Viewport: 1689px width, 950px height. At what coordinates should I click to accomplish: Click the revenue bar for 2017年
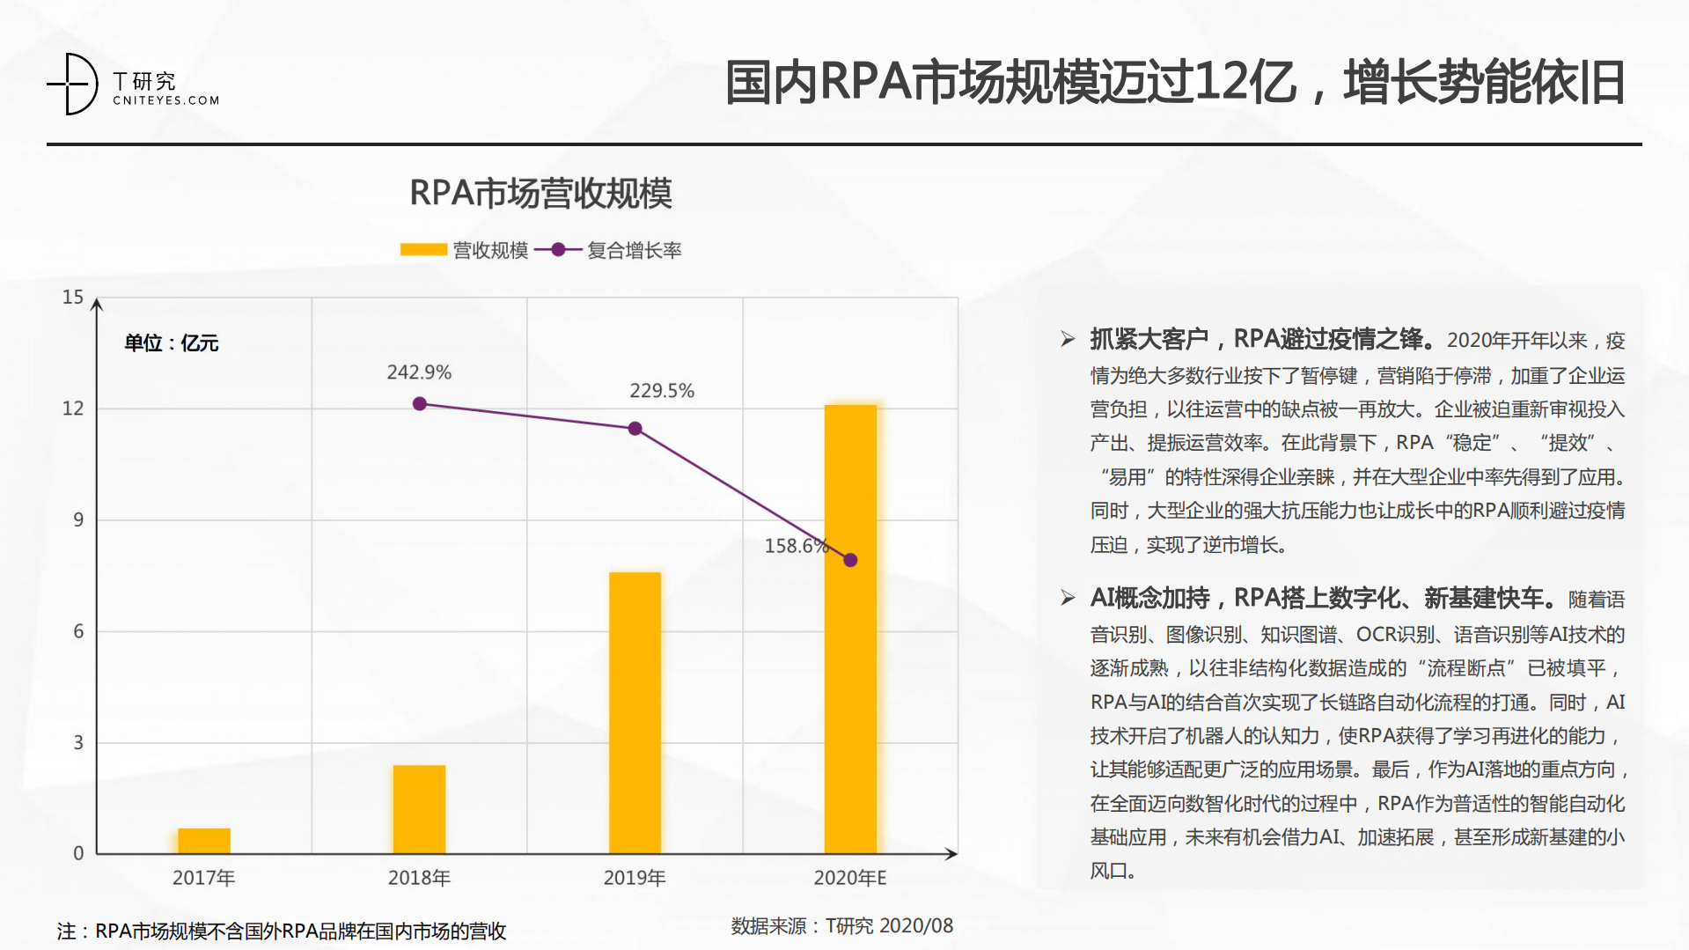coord(204,841)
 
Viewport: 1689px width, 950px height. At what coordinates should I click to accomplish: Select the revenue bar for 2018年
coord(419,809)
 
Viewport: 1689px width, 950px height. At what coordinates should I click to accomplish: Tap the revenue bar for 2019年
coord(635,712)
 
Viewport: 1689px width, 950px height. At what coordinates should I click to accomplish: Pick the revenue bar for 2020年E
coord(850,629)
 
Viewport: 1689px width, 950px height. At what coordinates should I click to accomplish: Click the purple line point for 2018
coord(420,404)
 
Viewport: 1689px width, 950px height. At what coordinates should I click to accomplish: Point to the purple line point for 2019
coord(635,429)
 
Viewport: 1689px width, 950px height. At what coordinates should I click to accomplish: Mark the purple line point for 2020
coord(850,560)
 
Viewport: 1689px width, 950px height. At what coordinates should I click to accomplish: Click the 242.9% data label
coord(419,372)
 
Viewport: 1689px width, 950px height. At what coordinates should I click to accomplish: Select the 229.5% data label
coord(662,391)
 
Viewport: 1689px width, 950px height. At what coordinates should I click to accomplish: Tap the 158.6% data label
coord(796,546)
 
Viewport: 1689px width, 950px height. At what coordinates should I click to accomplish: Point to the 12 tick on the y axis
coord(73,409)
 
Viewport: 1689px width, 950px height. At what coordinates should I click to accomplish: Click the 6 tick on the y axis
coord(78,631)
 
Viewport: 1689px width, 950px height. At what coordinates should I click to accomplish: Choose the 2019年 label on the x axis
coord(635,878)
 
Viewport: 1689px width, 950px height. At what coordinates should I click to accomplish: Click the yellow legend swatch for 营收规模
coord(423,250)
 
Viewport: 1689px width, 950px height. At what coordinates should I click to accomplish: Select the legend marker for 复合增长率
coord(558,250)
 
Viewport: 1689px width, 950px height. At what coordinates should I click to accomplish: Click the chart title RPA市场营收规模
coord(540,194)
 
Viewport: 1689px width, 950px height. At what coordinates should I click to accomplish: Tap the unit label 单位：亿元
coord(172,343)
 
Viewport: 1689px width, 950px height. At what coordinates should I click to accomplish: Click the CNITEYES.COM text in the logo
coord(165,100)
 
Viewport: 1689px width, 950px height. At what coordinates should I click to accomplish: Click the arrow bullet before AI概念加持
coord(1068,599)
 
